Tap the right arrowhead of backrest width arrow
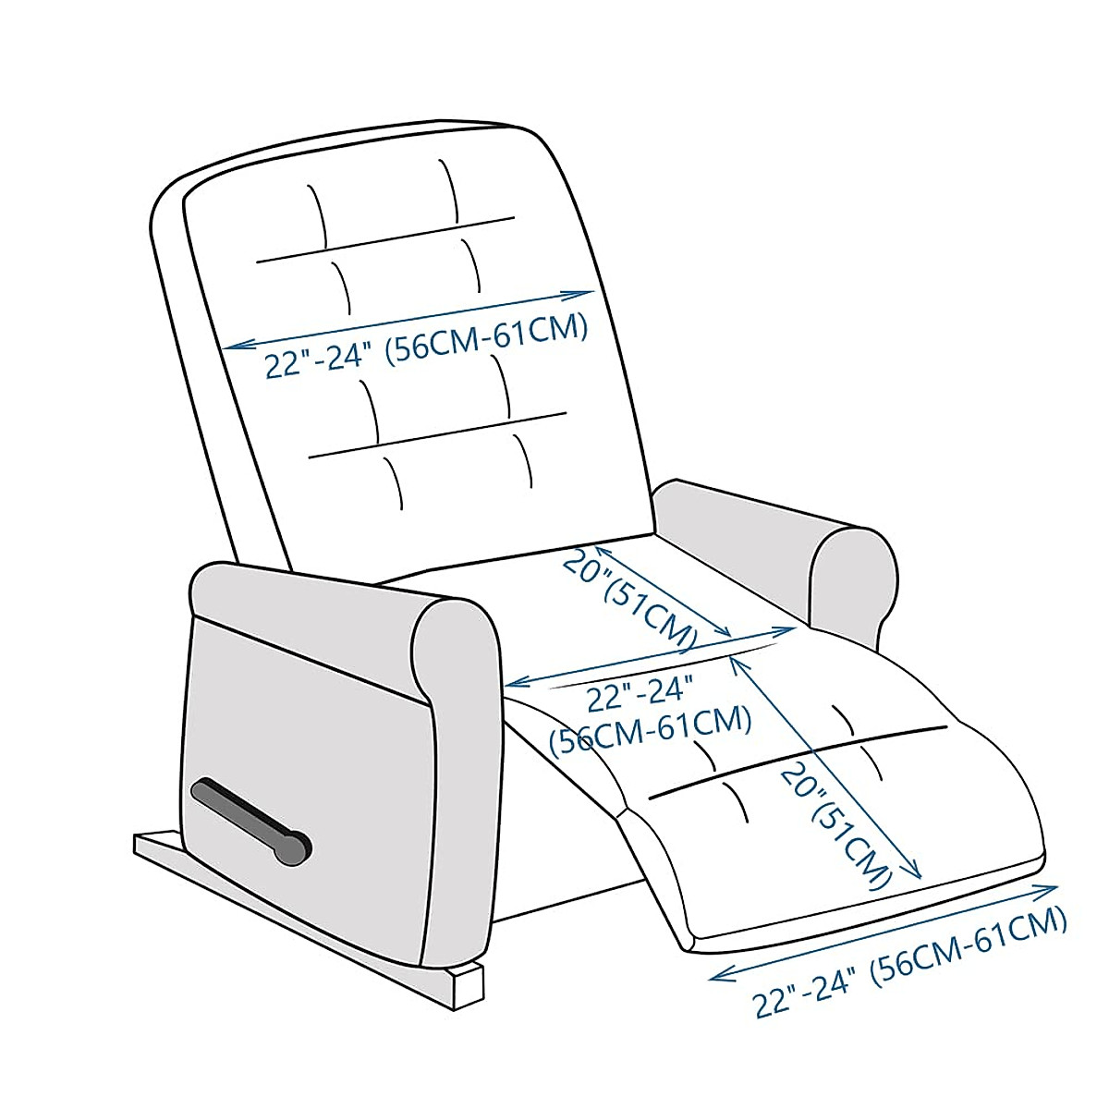[588, 295]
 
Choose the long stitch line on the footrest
[799, 760]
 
